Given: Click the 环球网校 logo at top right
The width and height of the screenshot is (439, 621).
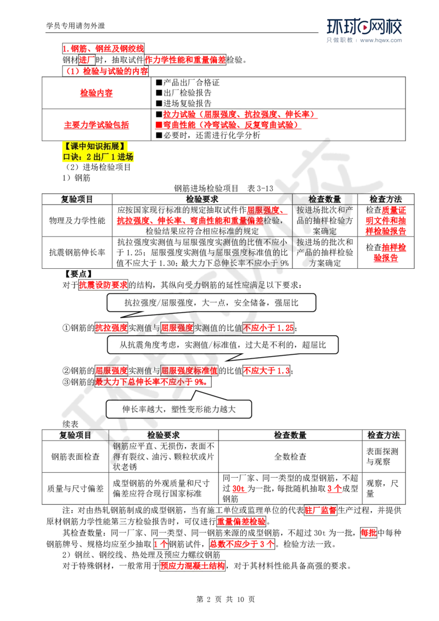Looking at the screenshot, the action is click(364, 26).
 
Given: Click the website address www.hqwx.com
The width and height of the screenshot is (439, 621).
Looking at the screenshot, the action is click(381, 40).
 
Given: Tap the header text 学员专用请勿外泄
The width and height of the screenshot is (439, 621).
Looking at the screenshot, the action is click(76, 26).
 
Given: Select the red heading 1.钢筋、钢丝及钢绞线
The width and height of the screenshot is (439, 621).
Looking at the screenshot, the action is click(103, 49).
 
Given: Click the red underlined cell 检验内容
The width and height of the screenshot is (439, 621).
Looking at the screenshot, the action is click(96, 93).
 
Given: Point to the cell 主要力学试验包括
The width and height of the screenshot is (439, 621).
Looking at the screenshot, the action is click(96, 125).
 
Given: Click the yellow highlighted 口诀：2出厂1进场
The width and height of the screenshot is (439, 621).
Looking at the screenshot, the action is click(98, 157).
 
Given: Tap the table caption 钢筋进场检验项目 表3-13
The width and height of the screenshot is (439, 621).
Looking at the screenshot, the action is click(223, 188).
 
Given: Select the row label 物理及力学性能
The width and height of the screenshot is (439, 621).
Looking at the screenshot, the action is click(77, 221).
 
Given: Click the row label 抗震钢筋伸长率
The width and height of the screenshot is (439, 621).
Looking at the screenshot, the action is click(77, 252).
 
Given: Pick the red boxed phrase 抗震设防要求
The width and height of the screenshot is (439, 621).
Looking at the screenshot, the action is click(103, 285).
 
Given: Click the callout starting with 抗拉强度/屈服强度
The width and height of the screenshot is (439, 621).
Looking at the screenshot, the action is click(211, 303).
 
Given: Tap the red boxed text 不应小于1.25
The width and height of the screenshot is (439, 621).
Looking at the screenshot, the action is click(269, 328).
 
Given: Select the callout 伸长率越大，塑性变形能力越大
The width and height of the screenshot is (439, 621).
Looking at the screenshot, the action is click(179, 409).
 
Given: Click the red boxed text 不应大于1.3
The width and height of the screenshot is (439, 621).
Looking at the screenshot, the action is click(266, 371).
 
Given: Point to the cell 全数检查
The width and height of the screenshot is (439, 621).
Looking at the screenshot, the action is click(290, 456).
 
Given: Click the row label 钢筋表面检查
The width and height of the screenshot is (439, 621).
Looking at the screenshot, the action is click(75, 456).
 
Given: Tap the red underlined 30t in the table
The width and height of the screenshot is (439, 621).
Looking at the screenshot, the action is click(239, 489).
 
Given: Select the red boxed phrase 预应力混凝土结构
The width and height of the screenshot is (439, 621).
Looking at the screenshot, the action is click(193, 566).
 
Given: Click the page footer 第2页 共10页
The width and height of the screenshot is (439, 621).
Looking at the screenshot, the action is click(226, 599).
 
